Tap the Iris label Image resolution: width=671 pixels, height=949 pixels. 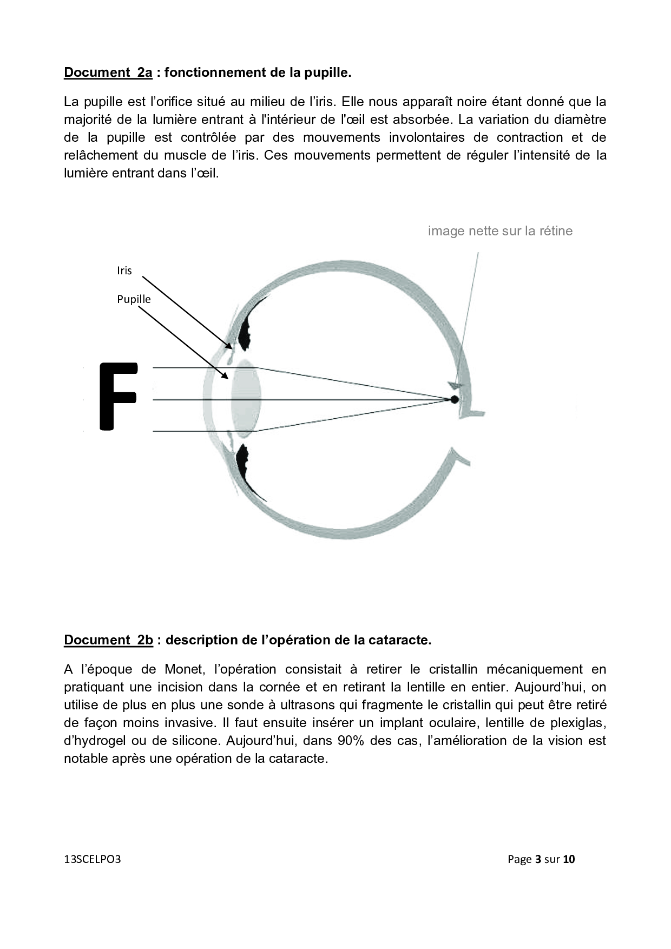pyautogui.click(x=124, y=271)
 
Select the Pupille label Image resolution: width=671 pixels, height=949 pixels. pyautogui.click(x=134, y=299)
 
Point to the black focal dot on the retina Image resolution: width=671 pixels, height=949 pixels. pyautogui.click(x=454, y=399)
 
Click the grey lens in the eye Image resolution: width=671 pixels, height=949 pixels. pyautogui.click(x=246, y=399)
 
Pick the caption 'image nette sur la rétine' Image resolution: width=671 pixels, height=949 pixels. pyautogui.click(x=500, y=231)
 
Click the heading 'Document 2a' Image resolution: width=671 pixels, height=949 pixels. pyautogui.click(x=108, y=73)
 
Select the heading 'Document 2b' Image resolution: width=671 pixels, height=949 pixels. pyautogui.click(x=109, y=640)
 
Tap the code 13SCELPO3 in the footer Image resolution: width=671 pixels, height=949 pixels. pyautogui.click(x=92, y=859)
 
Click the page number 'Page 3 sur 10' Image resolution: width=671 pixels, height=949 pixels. pyautogui.click(x=541, y=859)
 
